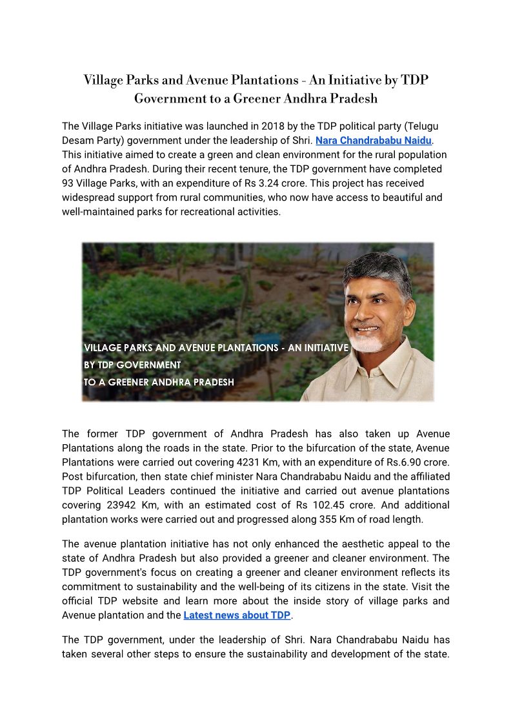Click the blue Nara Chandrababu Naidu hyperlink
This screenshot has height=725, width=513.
coord(374,140)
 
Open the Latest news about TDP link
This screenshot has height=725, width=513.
coord(237,615)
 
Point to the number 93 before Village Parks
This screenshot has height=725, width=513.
coord(68,183)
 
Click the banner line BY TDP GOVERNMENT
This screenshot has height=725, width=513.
coord(132,365)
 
